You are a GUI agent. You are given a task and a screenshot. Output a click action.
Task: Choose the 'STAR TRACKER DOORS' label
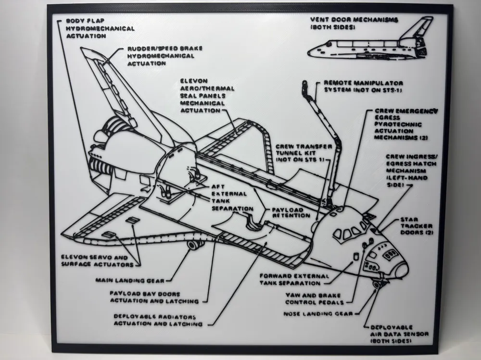pyautogui.click(x=417, y=226)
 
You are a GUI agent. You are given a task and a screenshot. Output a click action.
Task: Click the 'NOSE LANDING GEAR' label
pyautogui.click(x=318, y=313)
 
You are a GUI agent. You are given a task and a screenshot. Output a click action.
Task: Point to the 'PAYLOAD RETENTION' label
pyautogui.click(x=291, y=212)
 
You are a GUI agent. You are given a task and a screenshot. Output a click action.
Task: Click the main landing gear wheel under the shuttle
pyautogui.click(x=193, y=246)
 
